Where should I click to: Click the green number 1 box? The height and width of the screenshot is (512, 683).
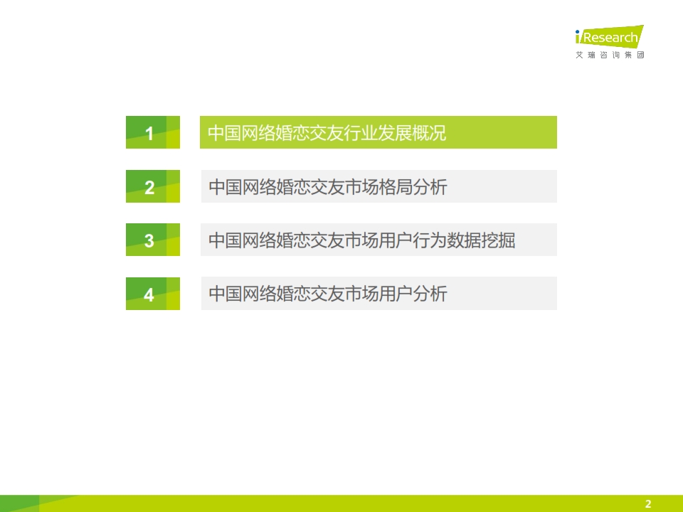(153, 132)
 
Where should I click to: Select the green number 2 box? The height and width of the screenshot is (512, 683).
(153, 186)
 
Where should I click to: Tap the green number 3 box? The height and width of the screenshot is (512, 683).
(153, 240)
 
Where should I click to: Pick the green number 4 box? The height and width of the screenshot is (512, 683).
(153, 294)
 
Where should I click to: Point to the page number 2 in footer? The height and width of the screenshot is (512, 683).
(648, 503)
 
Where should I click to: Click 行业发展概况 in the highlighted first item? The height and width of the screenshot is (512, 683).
(395, 133)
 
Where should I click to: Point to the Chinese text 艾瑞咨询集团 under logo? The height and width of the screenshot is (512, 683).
(610, 55)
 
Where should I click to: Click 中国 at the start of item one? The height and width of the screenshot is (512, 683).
(224, 133)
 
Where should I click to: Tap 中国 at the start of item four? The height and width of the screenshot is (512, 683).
(226, 294)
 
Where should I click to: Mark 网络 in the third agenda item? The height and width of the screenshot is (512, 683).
(259, 240)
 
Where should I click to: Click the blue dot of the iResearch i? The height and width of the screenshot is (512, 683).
(578, 32)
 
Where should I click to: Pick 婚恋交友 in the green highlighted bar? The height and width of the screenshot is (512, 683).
(309, 133)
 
